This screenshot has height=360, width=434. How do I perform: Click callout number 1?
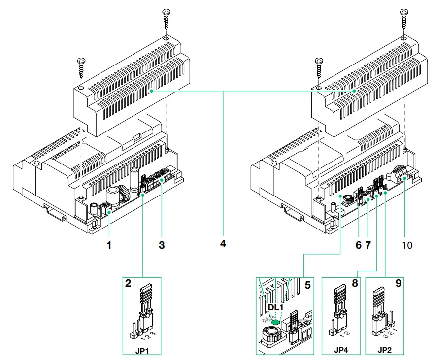click(x=109, y=244)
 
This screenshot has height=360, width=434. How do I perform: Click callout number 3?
click(x=161, y=244)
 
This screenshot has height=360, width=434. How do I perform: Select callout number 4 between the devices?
click(x=223, y=244)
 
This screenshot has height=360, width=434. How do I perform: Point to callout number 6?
click(x=358, y=244)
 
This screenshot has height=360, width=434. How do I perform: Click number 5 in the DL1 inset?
click(x=307, y=284)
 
